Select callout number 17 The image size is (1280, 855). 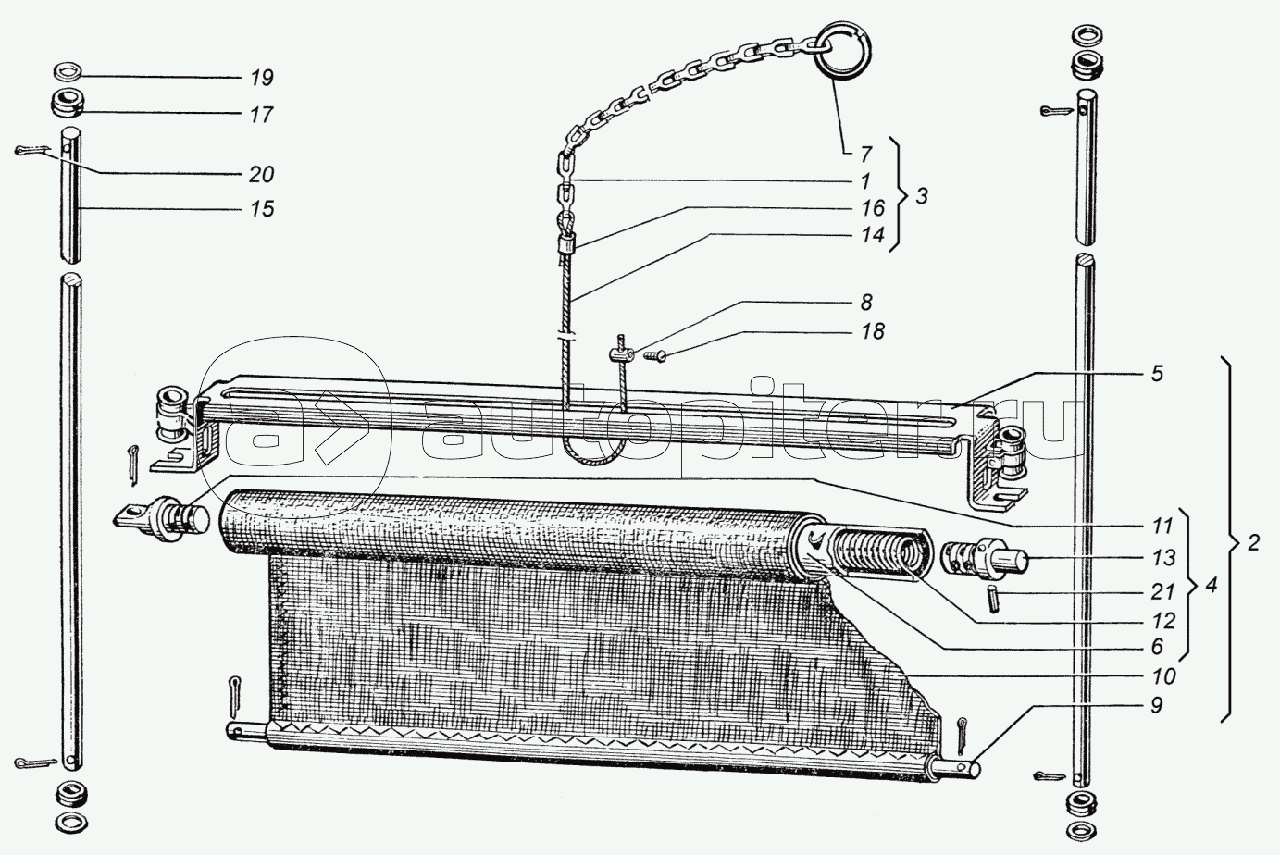[x=262, y=115]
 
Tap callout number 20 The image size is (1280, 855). [x=262, y=175]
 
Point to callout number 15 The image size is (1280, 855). [x=262, y=209]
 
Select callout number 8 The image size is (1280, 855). [x=866, y=302]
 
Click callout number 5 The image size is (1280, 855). [x=1158, y=375]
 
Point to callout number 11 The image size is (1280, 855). [x=1163, y=526]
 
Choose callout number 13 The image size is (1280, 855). [x=1163, y=558]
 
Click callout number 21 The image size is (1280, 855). [x=1163, y=590]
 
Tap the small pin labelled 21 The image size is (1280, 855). [x=991, y=597]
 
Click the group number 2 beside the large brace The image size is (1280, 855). [x=1252, y=543]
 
